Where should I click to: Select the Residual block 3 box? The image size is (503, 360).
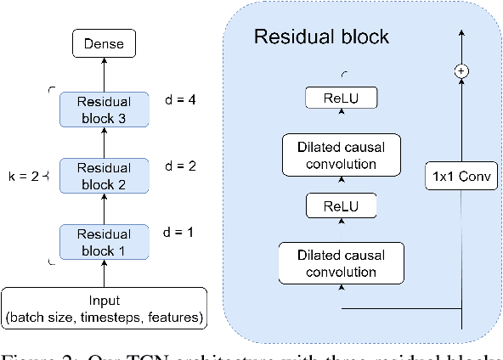coord(105,110)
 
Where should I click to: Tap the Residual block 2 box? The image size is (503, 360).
coord(105,176)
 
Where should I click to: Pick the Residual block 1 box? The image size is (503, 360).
coord(105,242)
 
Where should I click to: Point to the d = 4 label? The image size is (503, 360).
coord(179,100)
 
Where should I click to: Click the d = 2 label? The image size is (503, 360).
coord(179,166)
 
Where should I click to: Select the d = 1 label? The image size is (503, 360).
coord(179,231)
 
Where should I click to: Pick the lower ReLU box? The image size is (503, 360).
coord(343,206)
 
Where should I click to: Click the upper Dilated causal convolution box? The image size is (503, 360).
coord(343,155)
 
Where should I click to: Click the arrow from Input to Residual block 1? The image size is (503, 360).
coord(105,275)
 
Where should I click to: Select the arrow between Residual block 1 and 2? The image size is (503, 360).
coord(105,209)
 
